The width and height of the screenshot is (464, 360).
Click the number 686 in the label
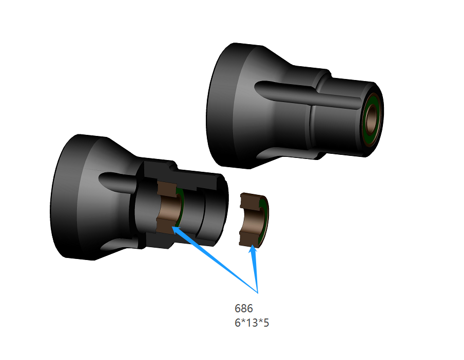tap(243, 309)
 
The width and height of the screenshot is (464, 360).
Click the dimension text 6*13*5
tap(252, 323)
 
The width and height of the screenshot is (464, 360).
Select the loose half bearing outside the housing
tap(254, 220)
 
